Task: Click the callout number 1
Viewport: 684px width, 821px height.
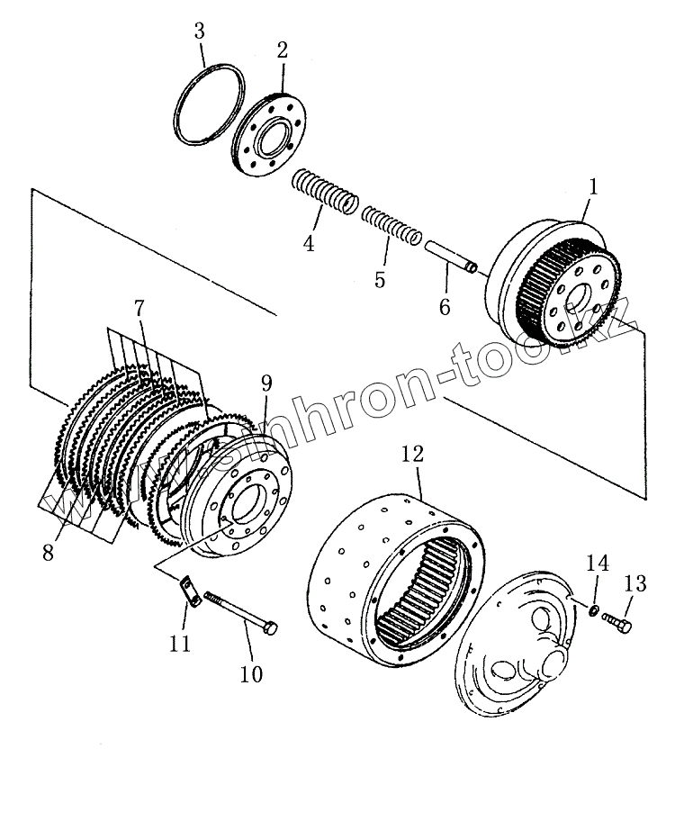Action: (x=593, y=188)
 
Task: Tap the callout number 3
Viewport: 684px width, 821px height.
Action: (x=199, y=32)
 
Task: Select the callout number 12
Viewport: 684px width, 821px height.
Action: (x=411, y=456)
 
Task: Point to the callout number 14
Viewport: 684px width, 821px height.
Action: (x=598, y=564)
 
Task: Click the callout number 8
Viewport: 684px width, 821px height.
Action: (x=48, y=551)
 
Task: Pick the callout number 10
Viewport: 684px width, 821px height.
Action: (x=251, y=672)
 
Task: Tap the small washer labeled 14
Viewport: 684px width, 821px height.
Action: (x=594, y=612)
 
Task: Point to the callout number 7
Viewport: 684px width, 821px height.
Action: (x=139, y=308)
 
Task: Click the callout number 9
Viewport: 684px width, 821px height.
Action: (x=266, y=383)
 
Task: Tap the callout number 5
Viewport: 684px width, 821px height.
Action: (x=380, y=280)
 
